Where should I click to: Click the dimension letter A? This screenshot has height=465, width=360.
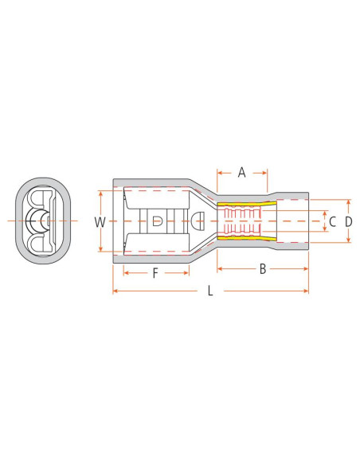[x=242, y=170]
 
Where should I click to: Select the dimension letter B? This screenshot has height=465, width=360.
[x=262, y=269]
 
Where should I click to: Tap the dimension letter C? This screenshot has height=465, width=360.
[x=333, y=221]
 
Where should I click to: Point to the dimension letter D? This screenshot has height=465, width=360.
[x=349, y=221]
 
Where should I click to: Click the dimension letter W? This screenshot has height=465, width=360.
[x=100, y=222]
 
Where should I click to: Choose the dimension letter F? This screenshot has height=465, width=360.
[x=156, y=273]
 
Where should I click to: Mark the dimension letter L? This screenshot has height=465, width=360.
[x=210, y=291]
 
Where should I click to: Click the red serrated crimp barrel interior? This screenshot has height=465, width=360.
[x=239, y=221]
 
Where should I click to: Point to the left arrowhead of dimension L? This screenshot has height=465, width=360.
[x=115, y=291]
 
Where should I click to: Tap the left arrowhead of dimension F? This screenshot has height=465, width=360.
[x=125, y=273]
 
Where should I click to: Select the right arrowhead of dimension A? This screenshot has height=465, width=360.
[x=267, y=170]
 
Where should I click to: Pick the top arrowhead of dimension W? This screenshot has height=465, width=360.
[x=100, y=193]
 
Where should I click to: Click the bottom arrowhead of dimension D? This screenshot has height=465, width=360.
[x=349, y=240]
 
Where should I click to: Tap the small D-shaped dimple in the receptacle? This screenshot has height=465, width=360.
[x=158, y=221]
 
